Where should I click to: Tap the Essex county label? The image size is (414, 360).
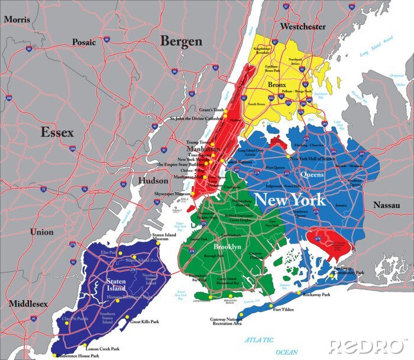click(x=57, y=133)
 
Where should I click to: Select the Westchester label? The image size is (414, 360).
click(x=303, y=27)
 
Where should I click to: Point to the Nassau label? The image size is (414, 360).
click(x=387, y=205)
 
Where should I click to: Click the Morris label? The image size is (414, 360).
click(x=16, y=20)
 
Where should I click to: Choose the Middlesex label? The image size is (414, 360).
click(x=28, y=304)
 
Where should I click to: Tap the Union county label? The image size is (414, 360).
click(x=42, y=232)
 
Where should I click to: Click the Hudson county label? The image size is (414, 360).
click(x=153, y=181)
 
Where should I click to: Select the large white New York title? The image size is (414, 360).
click(x=289, y=200)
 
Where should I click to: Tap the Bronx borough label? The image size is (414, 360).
click(x=277, y=85)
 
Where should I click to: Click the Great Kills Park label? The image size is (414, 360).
click(x=145, y=322)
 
